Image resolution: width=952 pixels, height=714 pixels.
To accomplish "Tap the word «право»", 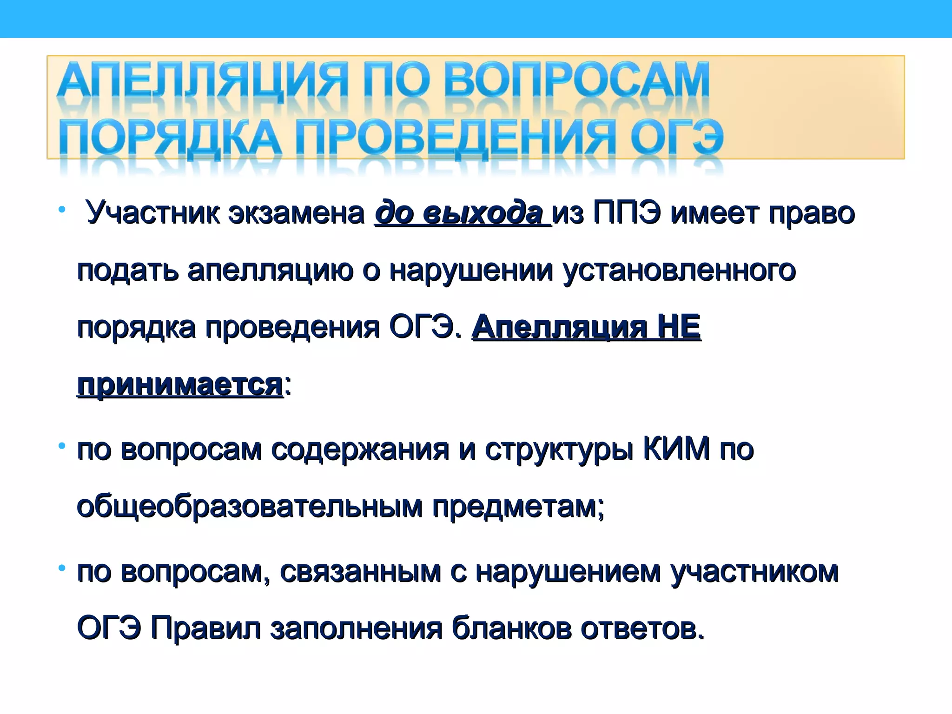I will pos(811,213).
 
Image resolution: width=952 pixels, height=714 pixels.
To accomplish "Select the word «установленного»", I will pos(679,271).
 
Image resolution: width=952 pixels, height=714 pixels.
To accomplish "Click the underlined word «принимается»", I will pos(180,385).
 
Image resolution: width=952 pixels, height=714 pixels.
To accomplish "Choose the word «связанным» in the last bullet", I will pos(360,572).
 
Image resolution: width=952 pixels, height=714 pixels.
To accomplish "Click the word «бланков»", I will pos(511,628).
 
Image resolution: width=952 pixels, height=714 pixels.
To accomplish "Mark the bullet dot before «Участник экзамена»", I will pos(62,210).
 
